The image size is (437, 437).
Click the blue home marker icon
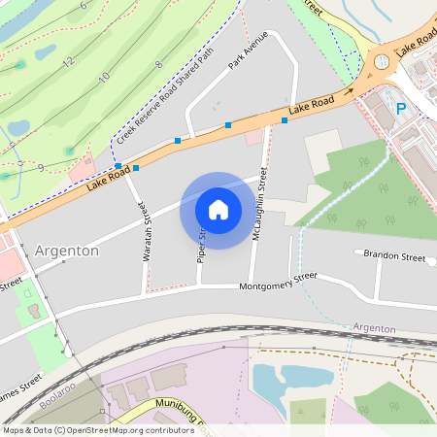(x=218, y=210)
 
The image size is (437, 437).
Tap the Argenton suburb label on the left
(x=66, y=251)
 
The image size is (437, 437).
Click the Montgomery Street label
(x=279, y=281)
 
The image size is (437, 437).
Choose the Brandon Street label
(x=394, y=257)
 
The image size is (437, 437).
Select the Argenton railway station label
(x=374, y=329)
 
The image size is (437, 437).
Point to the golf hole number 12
(x=67, y=62)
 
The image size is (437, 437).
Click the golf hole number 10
(x=104, y=76)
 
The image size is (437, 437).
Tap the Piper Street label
(x=203, y=245)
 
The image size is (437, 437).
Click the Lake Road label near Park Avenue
(x=312, y=104)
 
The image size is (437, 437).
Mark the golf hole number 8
(x=158, y=64)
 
